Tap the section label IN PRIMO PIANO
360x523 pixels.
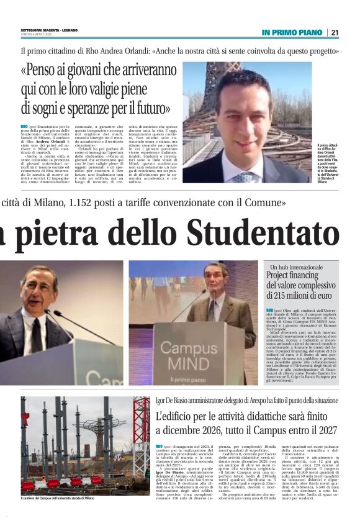292,32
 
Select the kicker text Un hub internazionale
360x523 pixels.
292,266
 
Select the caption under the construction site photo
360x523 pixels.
57,498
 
